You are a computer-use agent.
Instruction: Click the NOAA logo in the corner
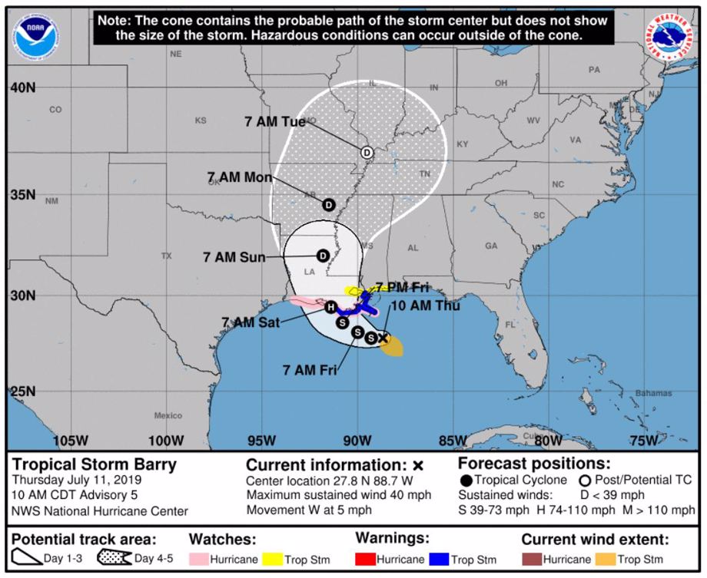(x=35, y=35)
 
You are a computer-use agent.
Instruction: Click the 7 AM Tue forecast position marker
(x=367, y=152)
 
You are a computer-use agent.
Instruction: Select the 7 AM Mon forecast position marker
(x=329, y=205)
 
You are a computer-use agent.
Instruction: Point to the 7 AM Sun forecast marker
(x=323, y=256)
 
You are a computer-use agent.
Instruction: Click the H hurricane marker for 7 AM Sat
(x=330, y=307)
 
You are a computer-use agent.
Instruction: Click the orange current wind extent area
(x=392, y=349)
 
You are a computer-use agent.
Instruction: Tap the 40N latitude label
(x=23, y=88)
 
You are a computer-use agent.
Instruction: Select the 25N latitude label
(x=23, y=391)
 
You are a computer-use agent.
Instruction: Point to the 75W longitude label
(x=643, y=441)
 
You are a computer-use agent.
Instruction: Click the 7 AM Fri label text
(x=310, y=371)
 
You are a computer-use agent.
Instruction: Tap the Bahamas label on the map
(x=652, y=394)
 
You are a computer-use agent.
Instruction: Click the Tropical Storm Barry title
(x=94, y=464)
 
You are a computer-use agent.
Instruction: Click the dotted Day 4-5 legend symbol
(x=114, y=558)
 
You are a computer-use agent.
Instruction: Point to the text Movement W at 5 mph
(x=309, y=510)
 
